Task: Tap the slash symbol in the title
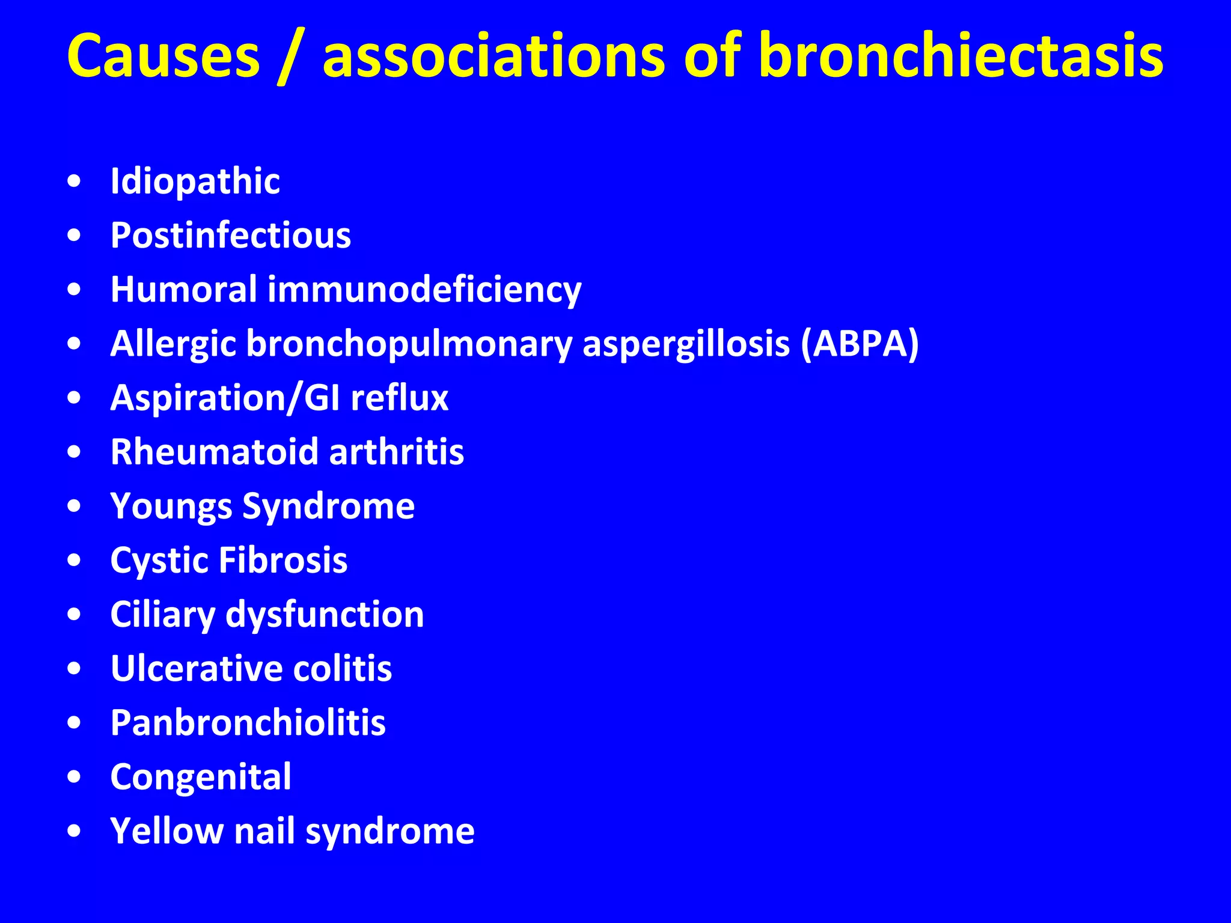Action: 292,57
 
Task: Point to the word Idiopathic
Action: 195,181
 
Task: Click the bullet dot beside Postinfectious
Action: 74,236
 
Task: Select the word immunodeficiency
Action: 424,290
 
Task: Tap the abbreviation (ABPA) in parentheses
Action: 860,344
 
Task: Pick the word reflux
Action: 400,398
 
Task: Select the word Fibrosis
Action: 283,560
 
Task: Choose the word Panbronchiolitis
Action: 248,722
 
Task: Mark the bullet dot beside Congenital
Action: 74,777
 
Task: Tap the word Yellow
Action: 166,831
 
